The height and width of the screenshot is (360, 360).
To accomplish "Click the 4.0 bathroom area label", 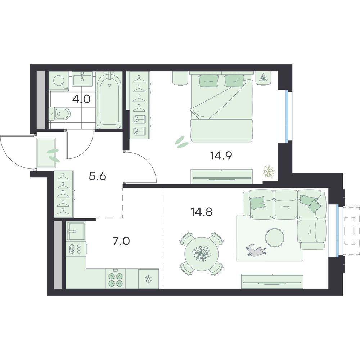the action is pos(81,99).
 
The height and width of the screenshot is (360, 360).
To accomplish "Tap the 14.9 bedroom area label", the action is pos(221,156).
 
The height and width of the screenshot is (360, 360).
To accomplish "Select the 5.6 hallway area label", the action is pos(97,176).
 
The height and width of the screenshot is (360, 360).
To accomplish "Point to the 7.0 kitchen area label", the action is pos(121,241).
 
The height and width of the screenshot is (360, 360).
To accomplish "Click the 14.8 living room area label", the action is pos(201,212).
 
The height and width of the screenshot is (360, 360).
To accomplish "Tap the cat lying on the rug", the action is pos(256,250).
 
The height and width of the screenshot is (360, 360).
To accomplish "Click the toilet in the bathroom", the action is pos(60,113).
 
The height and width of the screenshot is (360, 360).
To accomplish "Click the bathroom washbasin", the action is pos(82,79).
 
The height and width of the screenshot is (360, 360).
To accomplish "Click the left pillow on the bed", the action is pos(208,81).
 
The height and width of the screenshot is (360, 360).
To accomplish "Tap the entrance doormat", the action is pos(46,153).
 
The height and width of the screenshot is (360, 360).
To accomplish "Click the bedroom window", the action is pos(285,116).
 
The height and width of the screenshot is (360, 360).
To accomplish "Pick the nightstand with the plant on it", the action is pos(264,78).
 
